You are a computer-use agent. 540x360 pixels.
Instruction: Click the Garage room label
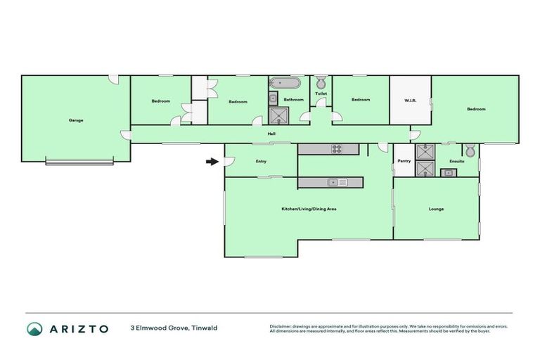(76, 120)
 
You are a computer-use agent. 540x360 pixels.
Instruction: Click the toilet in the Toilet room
(321, 82)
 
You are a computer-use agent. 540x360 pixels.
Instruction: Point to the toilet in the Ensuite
(469, 150)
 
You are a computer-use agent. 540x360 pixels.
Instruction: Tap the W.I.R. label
(411, 101)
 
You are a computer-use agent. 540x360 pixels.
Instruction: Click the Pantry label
(404, 161)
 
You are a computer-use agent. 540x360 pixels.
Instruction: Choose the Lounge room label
(436, 209)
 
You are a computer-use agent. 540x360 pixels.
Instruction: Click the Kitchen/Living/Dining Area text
(309, 209)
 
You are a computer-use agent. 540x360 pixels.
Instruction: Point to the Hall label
(271, 134)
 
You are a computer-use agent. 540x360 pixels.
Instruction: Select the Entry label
(261, 161)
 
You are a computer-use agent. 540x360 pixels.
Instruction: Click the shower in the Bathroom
(280, 116)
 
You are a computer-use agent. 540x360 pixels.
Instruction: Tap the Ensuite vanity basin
(445, 172)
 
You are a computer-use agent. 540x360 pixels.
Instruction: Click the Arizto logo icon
(34, 328)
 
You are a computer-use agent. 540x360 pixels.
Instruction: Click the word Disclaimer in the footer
(281, 326)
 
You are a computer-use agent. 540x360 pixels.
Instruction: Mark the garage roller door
(79, 163)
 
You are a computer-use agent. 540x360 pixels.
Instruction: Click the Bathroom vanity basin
(273, 98)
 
